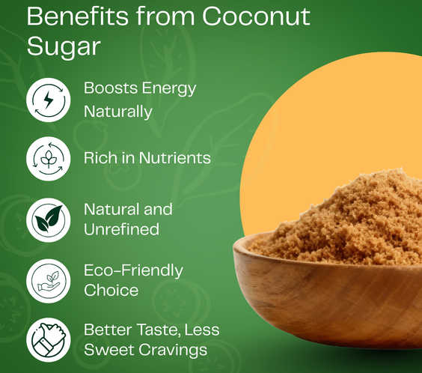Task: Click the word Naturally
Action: pos(118,112)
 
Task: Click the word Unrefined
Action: pos(122,229)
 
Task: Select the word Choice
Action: pos(111,291)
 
